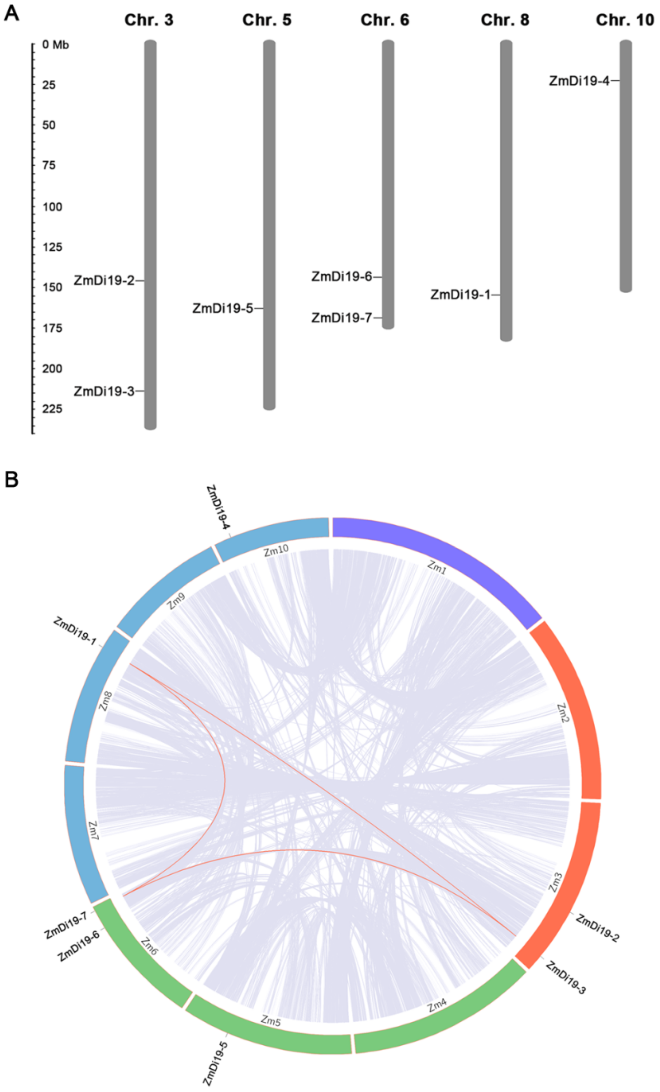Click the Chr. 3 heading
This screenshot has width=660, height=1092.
pyautogui.click(x=149, y=20)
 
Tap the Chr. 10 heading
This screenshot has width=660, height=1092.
pyautogui.click(x=624, y=20)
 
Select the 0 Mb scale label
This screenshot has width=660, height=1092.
pyautogui.click(x=55, y=45)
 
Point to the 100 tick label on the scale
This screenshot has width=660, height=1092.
pyautogui.click(x=52, y=207)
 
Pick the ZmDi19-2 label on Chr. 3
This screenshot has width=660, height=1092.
pyautogui.click(x=104, y=281)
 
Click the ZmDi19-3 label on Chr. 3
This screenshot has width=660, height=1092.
pyautogui.click(x=104, y=391)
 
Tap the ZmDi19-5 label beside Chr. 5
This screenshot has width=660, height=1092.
pyautogui.click(x=223, y=308)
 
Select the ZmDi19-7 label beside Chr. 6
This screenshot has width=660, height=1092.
pyautogui.click(x=341, y=318)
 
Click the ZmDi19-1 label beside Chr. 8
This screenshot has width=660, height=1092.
pyautogui.click(x=461, y=295)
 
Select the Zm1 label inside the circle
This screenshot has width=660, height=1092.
pyautogui.click(x=437, y=567)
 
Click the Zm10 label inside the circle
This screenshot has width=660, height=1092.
pyautogui.click(x=276, y=551)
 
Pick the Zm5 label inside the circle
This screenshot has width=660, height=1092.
pyautogui.click(x=270, y=1021)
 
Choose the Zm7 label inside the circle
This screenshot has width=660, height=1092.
pyautogui.click(x=93, y=830)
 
